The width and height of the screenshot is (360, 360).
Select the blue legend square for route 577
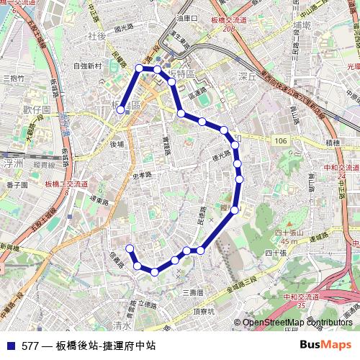pos(9,346)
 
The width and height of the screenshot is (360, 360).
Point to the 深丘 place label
pos(247,75)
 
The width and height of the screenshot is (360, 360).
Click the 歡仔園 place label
pos(36,109)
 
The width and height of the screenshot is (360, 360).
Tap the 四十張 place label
pos(275,253)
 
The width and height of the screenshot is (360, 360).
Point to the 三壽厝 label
pos(193,292)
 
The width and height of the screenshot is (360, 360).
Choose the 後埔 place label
pos(117,145)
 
